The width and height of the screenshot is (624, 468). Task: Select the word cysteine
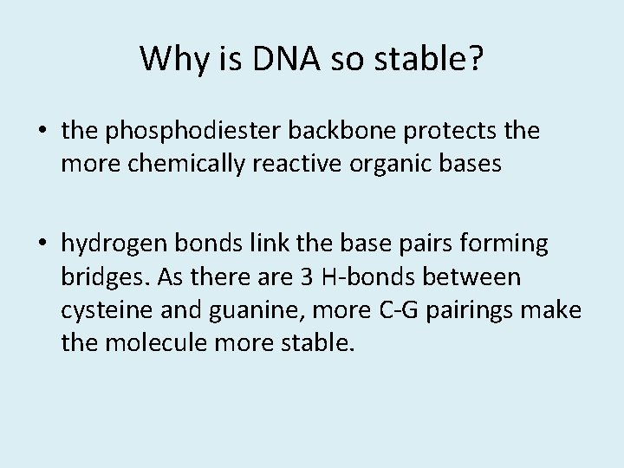pos(101,309)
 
